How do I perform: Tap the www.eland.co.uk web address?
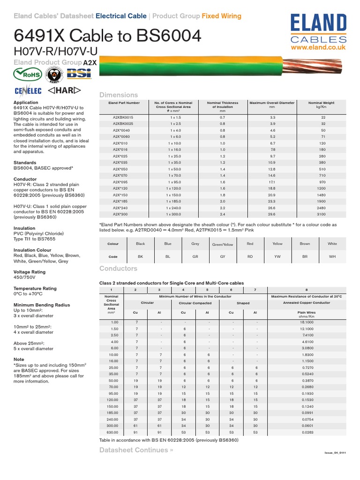tap(318, 47)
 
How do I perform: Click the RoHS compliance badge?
tap(26, 74)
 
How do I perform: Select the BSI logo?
tap(79, 74)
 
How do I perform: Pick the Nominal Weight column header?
tap(321, 103)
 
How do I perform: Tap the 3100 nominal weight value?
tap(321, 214)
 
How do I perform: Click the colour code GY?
tap(223, 257)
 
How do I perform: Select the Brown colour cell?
tap(305, 244)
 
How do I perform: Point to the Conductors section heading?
tap(119, 269)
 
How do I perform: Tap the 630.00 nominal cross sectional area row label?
tap(112, 432)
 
